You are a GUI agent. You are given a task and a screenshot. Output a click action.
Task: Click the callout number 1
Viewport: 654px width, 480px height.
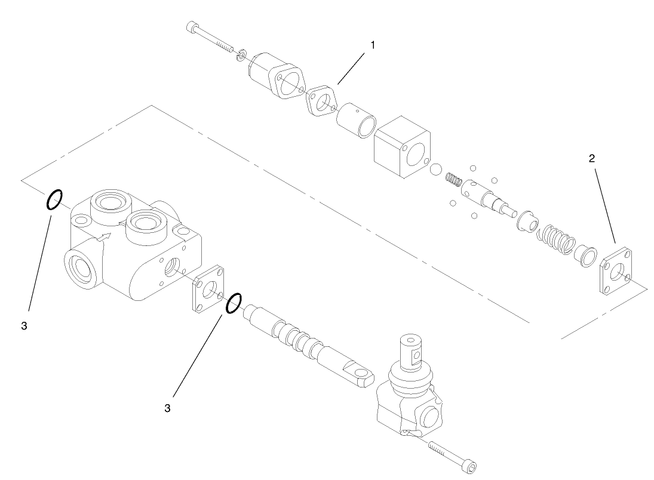point(373,45)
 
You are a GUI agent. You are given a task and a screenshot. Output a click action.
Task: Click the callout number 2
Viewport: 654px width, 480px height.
point(591,158)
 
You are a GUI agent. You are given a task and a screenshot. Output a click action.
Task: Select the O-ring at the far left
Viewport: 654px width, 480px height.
point(53,200)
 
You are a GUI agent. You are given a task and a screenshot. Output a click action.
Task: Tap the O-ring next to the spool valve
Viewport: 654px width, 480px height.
point(234,303)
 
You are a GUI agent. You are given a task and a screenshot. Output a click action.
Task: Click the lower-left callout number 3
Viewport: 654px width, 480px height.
point(23,327)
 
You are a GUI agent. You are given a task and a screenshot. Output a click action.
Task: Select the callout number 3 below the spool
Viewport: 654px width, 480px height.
point(168,408)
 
